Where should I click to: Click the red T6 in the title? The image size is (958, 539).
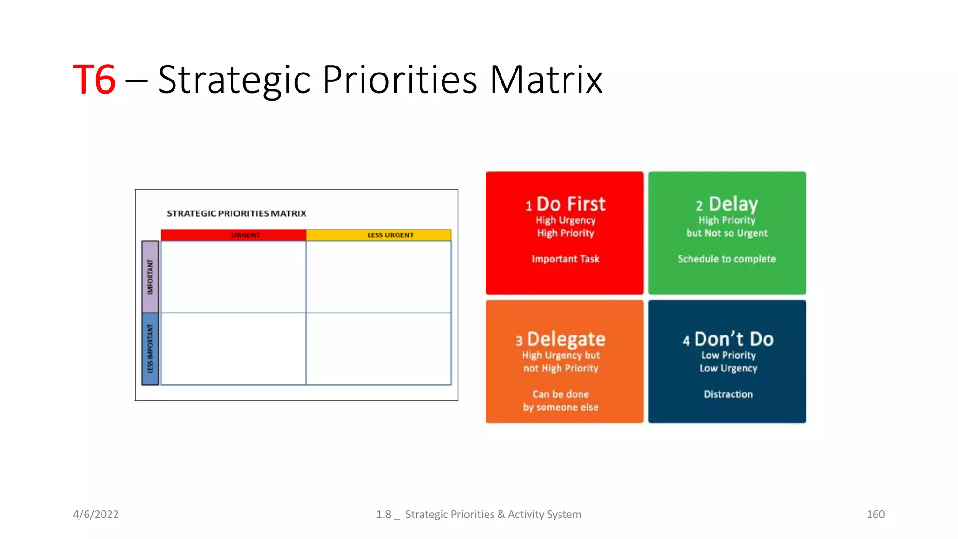tap(94, 80)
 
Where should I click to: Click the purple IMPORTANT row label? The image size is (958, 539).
tap(150, 277)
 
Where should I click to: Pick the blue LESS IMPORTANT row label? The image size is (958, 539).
tap(150, 349)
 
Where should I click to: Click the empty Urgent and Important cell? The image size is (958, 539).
tap(233, 277)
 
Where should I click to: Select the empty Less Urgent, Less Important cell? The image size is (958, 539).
tap(379, 349)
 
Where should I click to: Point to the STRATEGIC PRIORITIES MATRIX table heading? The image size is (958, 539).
tap(237, 213)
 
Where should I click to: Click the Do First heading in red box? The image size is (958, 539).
tap(571, 204)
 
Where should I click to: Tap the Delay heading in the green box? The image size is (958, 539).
tap(733, 204)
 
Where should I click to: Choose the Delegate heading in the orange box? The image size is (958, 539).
tap(566, 339)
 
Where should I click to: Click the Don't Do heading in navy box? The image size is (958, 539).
tap(733, 339)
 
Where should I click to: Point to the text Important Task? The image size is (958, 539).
tap(565, 259)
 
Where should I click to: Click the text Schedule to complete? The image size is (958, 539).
tap(726, 259)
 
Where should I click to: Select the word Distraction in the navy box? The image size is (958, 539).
tap(728, 394)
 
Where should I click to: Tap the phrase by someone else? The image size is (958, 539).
tap(560, 408)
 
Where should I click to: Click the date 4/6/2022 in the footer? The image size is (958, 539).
tap(96, 514)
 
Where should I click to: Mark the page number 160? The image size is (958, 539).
tap(875, 514)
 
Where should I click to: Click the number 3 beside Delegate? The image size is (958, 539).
tap(519, 341)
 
